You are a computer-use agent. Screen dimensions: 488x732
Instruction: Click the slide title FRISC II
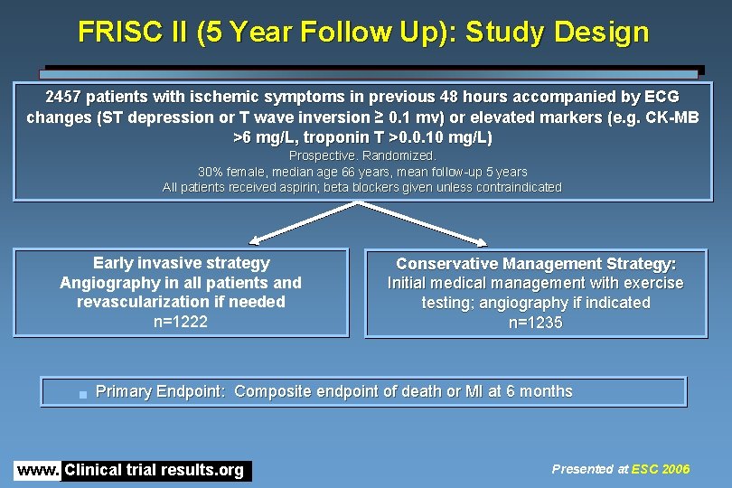click(363, 33)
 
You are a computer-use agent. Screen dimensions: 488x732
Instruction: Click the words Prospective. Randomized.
click(361, 155)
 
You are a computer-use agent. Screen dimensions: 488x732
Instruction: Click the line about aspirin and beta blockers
click(361, 187)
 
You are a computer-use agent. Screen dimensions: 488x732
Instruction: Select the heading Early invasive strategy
click(181, 263)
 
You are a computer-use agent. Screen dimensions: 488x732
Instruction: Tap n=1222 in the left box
click(181, 322)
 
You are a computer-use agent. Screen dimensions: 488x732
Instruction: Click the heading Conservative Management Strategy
click(535, 264)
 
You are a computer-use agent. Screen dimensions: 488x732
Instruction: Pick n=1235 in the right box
click(535, 323)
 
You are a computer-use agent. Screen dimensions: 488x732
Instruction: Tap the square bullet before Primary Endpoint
click(82, 394)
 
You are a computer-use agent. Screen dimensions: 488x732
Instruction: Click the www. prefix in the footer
click(38, 470)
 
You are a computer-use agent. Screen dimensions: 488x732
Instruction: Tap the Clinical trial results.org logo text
click(155, 470)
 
